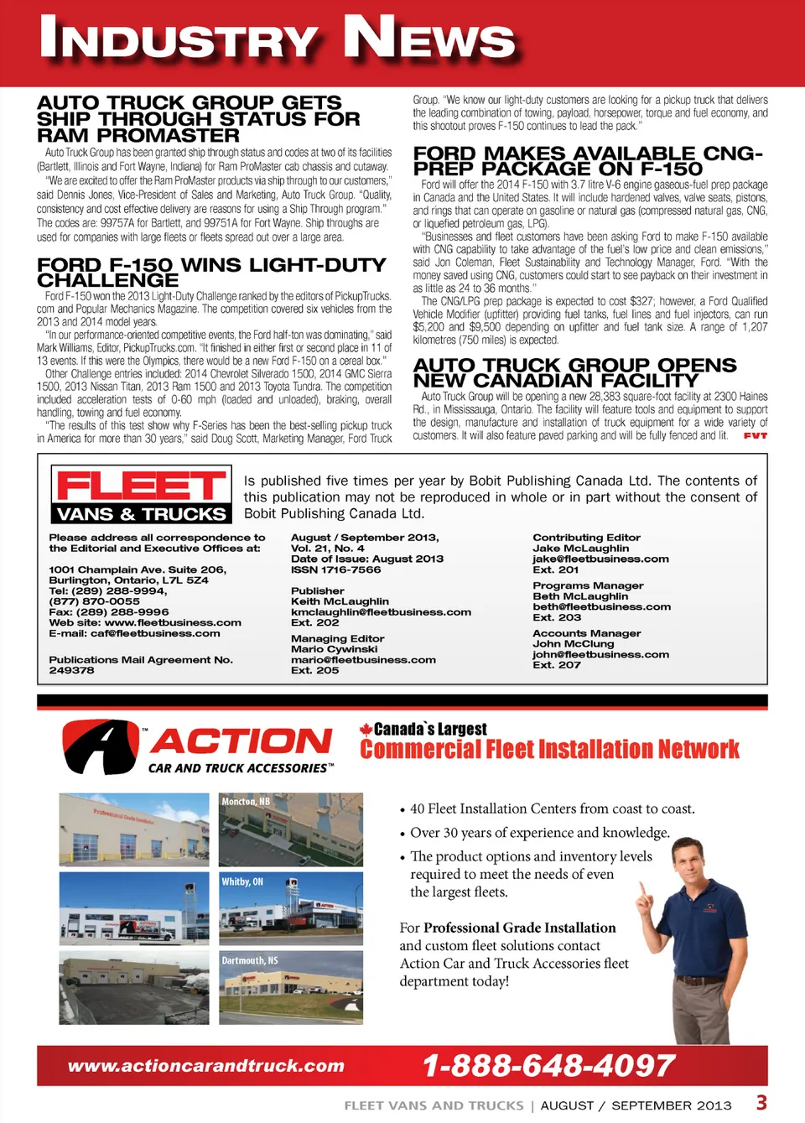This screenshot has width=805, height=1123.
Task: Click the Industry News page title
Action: [x=277, y=39]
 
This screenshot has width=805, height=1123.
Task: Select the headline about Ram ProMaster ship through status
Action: [x=198, y=119]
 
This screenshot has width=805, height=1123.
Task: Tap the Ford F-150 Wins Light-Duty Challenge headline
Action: [x=211, y=272]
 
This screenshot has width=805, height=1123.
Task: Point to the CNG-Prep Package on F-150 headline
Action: [x=587, y=161]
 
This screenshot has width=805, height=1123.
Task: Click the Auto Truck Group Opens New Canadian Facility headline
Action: [x=574, y=372]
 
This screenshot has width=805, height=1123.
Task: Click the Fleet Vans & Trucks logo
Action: [x=141, y=495]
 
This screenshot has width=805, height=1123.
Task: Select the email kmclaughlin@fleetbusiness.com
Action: [x=381, y=612]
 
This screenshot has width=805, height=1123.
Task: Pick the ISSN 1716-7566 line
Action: [x=335, y=569]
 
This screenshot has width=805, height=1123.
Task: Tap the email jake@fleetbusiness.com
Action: [x=600, y=559]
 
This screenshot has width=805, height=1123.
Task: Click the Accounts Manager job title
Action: [x=586, y=633]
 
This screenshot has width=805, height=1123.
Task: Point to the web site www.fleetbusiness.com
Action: [x=173, y=622]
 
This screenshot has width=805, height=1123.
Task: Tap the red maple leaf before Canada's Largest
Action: [x=366, y=730]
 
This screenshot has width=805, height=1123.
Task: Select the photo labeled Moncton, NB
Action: [x=291, y=829]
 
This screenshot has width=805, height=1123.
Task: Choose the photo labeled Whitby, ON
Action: [x=291, y=908]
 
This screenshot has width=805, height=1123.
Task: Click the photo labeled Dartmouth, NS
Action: [x=291, y=987]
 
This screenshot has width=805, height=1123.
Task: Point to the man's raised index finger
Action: [x=641, y=889]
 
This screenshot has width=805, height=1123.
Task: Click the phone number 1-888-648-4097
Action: [x=548, y=1066]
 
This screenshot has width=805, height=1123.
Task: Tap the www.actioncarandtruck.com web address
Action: [x=206, y=1066]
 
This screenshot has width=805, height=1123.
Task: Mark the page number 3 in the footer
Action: [x=761, y=1103]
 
